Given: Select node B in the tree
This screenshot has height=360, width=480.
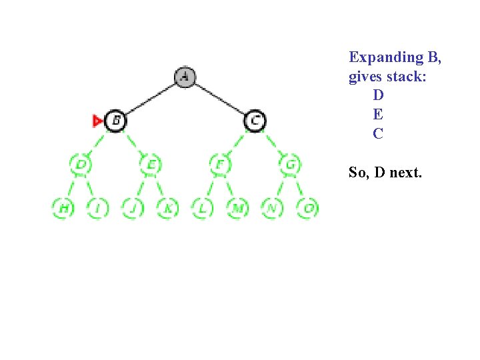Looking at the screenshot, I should pos(115,121).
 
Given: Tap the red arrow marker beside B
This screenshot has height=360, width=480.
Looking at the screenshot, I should pos(97,121).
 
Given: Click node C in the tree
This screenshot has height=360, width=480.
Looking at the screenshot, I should pos(255,121).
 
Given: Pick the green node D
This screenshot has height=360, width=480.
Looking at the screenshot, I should pos(81,164).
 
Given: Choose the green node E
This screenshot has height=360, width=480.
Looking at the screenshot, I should pos(151,164).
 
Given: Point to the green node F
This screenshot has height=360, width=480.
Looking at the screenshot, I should pos(219,164).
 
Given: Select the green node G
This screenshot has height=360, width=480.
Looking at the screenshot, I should pos(290,164).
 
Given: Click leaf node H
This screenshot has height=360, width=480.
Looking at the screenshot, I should pos(63,208).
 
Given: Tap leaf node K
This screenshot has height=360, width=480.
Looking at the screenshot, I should pos(167,208).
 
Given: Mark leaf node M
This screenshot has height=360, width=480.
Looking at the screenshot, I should pos(237,208).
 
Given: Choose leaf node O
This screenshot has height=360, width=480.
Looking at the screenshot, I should pos(308,208).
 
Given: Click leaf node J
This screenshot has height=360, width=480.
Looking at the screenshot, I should pos(133,208).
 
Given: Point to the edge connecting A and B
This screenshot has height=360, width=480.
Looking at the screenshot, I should pos(150,99).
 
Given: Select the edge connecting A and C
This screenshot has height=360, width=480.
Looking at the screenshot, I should pos(220,99).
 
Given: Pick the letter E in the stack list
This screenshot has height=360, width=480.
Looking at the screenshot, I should pos(378,115).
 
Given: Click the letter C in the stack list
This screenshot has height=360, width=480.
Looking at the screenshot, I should pos(378,134).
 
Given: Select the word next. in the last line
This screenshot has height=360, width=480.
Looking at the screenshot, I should pos(405,173).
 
